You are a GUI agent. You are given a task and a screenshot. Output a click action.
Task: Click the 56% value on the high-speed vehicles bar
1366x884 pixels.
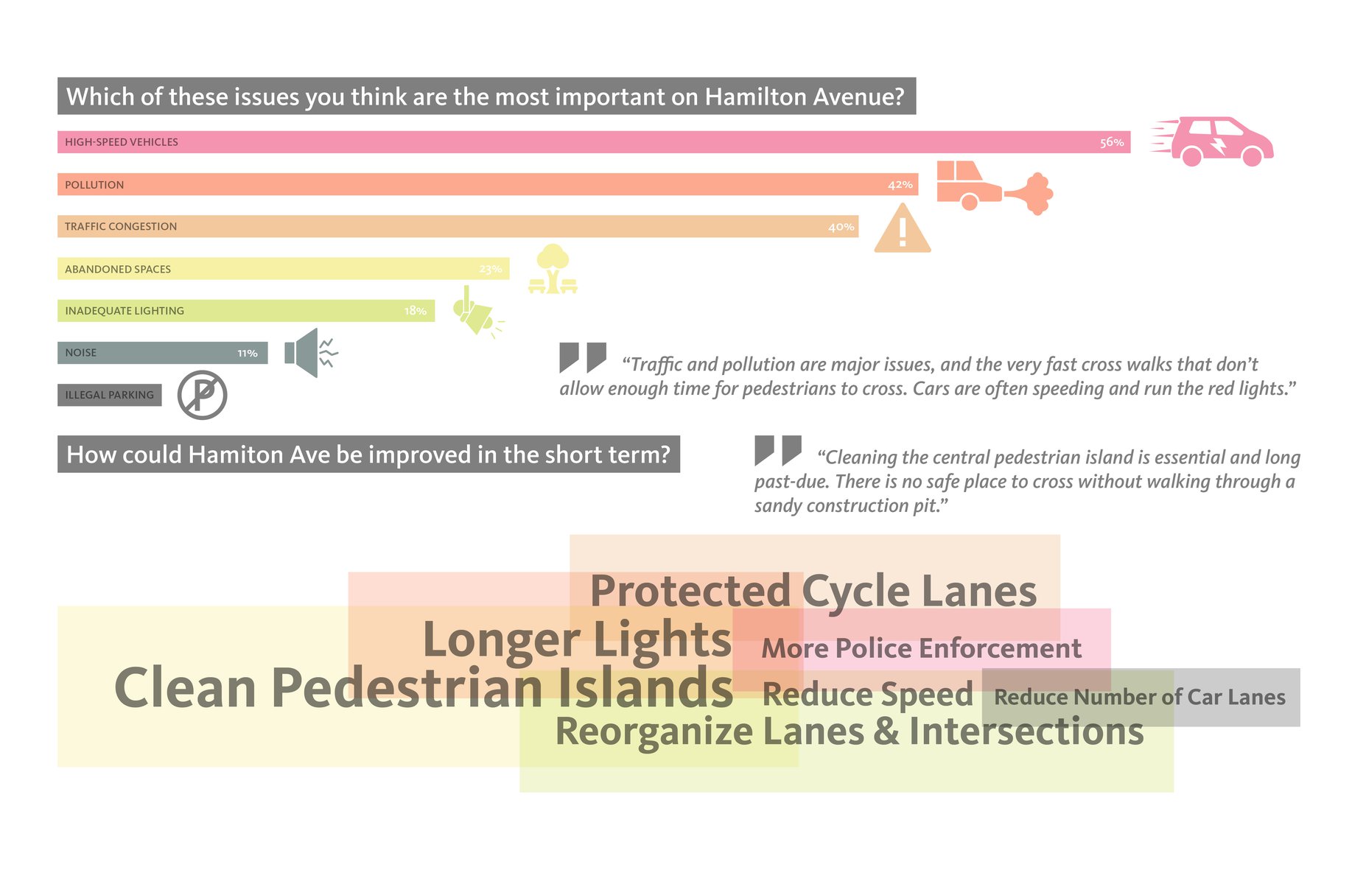[1112, 142]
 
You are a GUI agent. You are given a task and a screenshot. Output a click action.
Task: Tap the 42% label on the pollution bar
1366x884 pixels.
[900, 185]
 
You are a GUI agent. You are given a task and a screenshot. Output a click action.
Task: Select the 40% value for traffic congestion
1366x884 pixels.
[841, 227]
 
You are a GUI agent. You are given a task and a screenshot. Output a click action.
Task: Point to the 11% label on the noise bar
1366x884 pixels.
[248, 354]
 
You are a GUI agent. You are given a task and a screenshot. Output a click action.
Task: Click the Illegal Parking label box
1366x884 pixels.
[110, 395]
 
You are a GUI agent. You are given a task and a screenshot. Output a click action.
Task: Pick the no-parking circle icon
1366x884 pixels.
[203, 396]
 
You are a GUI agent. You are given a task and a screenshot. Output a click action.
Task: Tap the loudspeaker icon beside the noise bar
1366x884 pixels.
[311, 353]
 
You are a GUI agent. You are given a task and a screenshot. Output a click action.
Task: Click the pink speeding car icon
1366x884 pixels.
[1213, 141]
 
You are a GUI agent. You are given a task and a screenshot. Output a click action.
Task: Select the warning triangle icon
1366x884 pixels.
[903, 228]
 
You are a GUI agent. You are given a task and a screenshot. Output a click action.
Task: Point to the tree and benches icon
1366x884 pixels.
[553, 269]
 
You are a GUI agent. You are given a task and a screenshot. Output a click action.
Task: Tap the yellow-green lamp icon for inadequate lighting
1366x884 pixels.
[477, 312]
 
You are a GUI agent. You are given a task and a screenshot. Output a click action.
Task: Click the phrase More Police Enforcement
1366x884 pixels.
[921, 648]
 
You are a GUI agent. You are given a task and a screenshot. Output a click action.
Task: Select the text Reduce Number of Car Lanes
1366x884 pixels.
[1140, 697]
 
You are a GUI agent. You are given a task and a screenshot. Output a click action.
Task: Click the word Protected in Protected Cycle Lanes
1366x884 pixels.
[690, 592]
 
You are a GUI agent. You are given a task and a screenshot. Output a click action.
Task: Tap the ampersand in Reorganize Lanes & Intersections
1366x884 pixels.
[886, 732]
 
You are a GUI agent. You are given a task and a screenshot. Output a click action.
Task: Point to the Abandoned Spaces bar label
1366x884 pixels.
[118, 269]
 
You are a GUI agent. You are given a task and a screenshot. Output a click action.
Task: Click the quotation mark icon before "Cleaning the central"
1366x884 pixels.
[778, 450]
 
